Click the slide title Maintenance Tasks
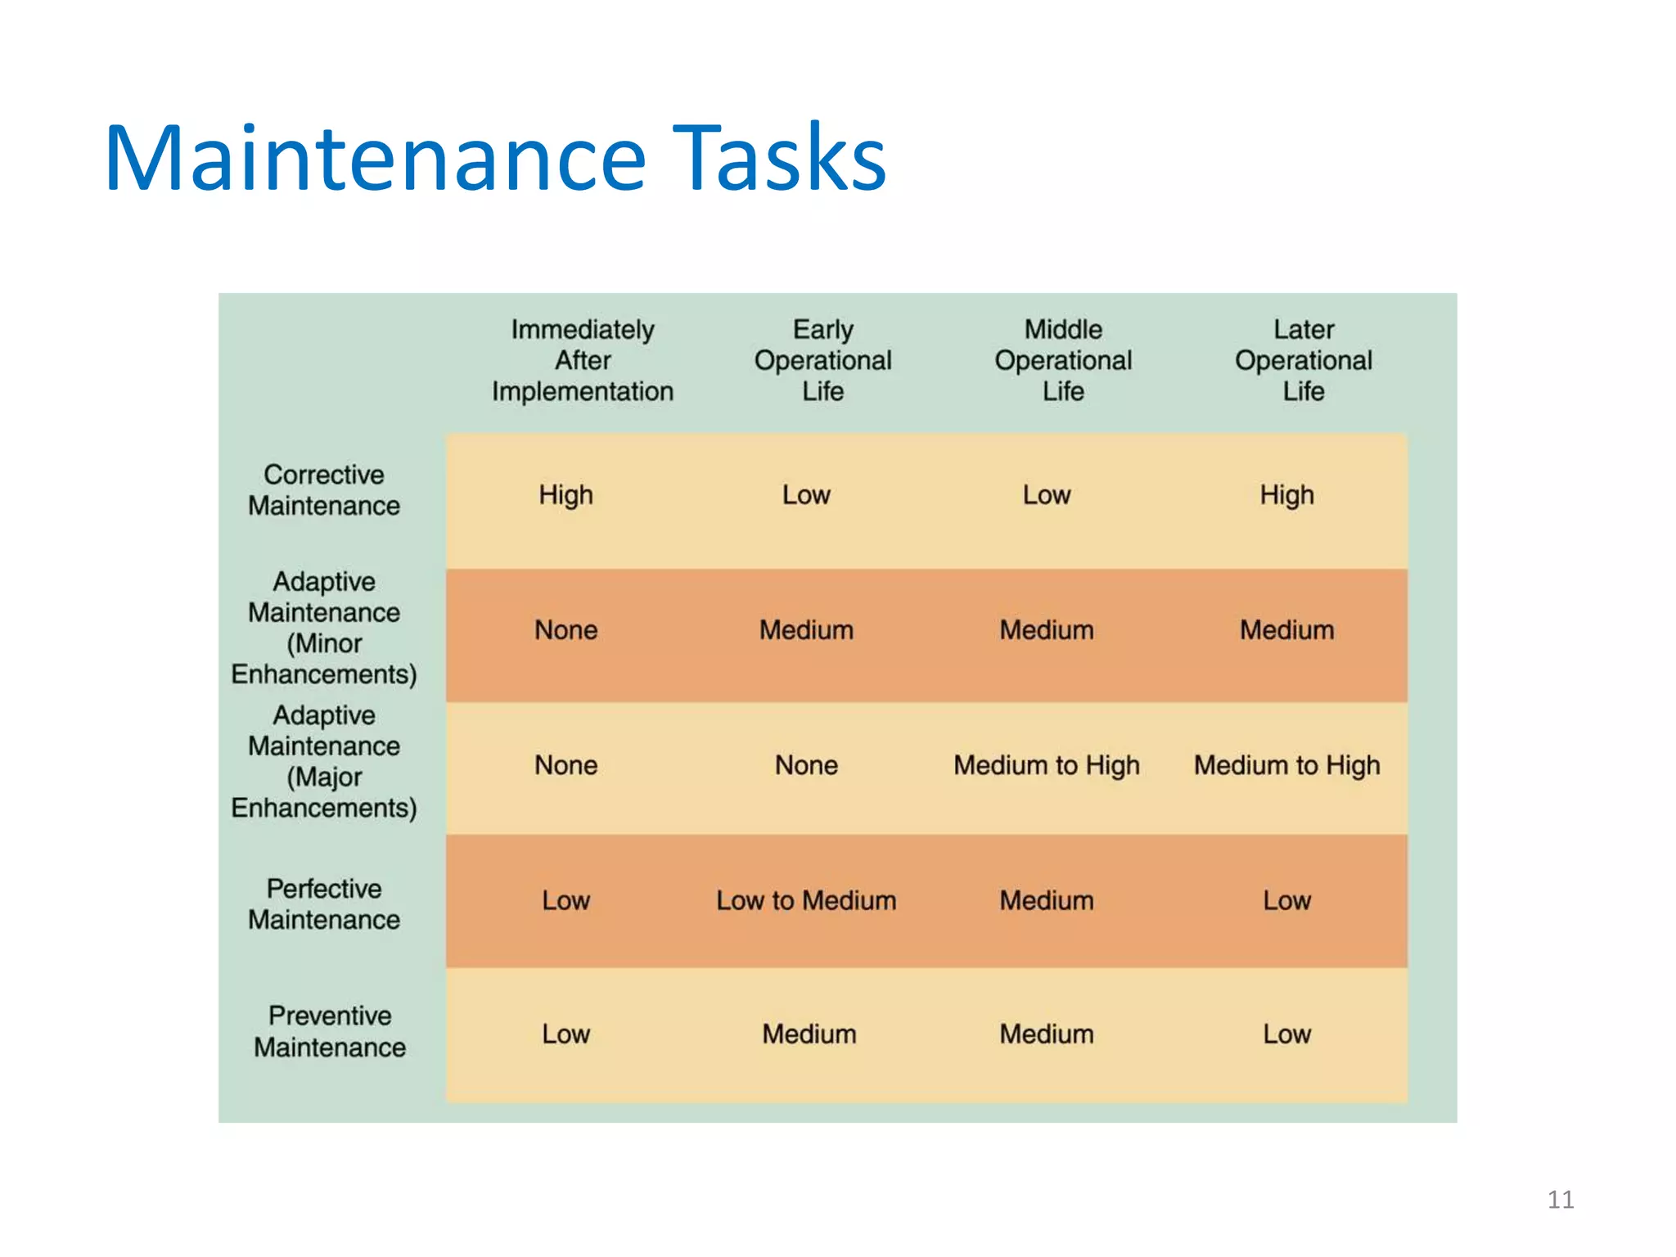pos(495,157)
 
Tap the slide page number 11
pos(1560,1199)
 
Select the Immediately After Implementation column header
pos(583,361)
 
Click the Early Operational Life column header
pos(822,361)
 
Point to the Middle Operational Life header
pos(1063,361)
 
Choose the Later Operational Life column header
pos(1303,361)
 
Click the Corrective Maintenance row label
pos(324,490)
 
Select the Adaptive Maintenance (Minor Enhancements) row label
pos(324,628)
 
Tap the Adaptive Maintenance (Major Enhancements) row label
pos(324,762)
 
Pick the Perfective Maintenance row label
pos(324,904)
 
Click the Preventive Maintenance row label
pos(329,1032)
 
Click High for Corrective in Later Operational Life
pos(1286,495)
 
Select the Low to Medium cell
pos(806,901)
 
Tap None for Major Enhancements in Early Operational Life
pos(806,765)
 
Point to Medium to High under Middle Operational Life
pos(1047,765)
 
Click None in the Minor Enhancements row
pos(565,630)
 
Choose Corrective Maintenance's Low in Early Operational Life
pos(806,495)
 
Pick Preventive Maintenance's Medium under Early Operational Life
pos(809,1034)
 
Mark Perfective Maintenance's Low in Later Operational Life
pos(1286,901)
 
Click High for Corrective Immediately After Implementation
pos(565,495)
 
